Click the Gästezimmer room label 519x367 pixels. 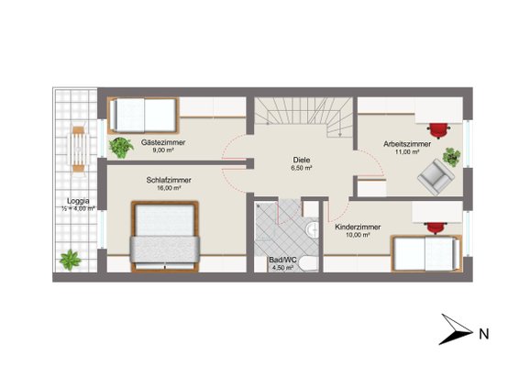(163, 142)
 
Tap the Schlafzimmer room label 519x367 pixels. (169, 180)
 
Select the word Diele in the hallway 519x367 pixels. (302, 160)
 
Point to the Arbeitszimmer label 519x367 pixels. (407, 144)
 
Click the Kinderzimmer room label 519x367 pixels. (358, 228)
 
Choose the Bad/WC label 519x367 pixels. (282, 260)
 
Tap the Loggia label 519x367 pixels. (78, 201)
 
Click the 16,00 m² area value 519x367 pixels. (169, 188)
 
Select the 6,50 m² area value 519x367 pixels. (302, 168)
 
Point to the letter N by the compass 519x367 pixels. (484, 334)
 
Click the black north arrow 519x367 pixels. (456, 329)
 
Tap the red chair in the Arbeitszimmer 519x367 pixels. (439, 130)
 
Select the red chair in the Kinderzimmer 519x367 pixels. (435, 228)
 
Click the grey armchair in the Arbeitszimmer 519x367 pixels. (436, 177)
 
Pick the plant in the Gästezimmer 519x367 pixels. (121, 148)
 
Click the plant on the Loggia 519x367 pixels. (71, 260)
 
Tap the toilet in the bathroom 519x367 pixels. (308, 264)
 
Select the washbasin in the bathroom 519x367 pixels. (312, 229)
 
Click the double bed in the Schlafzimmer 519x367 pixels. (165, 237)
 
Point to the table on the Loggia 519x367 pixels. (78, 149)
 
